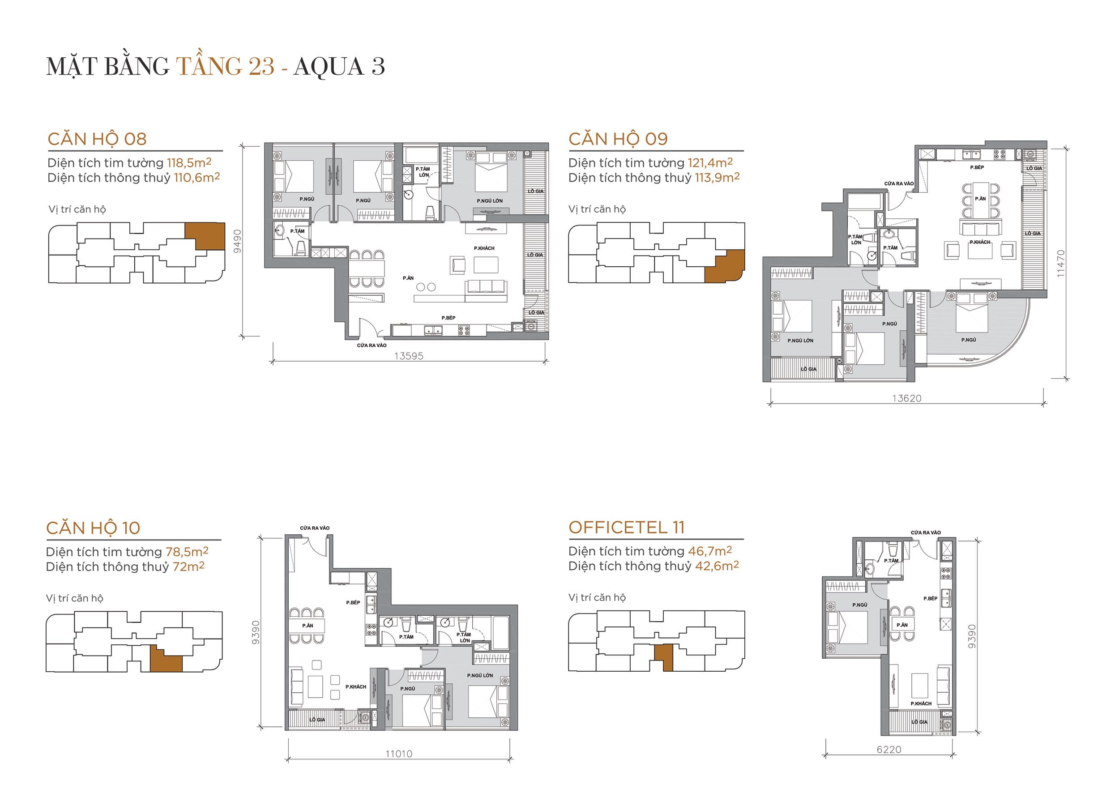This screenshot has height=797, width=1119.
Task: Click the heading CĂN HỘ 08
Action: point(97,139)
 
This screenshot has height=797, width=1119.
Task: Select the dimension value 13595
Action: point(408,356)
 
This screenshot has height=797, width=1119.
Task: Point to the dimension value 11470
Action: point(1061,264)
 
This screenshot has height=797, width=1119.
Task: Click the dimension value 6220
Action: point(889,750)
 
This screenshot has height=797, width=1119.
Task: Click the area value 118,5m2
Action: point(189,162)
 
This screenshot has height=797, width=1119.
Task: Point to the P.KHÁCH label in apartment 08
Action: point(484,248)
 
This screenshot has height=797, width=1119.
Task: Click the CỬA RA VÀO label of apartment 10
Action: point(315,528)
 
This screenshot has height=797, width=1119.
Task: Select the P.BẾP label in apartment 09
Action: point(977,167)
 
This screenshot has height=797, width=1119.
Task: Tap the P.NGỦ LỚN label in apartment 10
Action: point(480,675)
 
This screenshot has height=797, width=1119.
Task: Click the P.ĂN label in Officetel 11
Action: point(902,625)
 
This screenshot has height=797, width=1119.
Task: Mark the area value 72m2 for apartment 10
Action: point(188,567)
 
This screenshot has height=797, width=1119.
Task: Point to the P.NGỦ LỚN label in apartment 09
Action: point(800,340)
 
